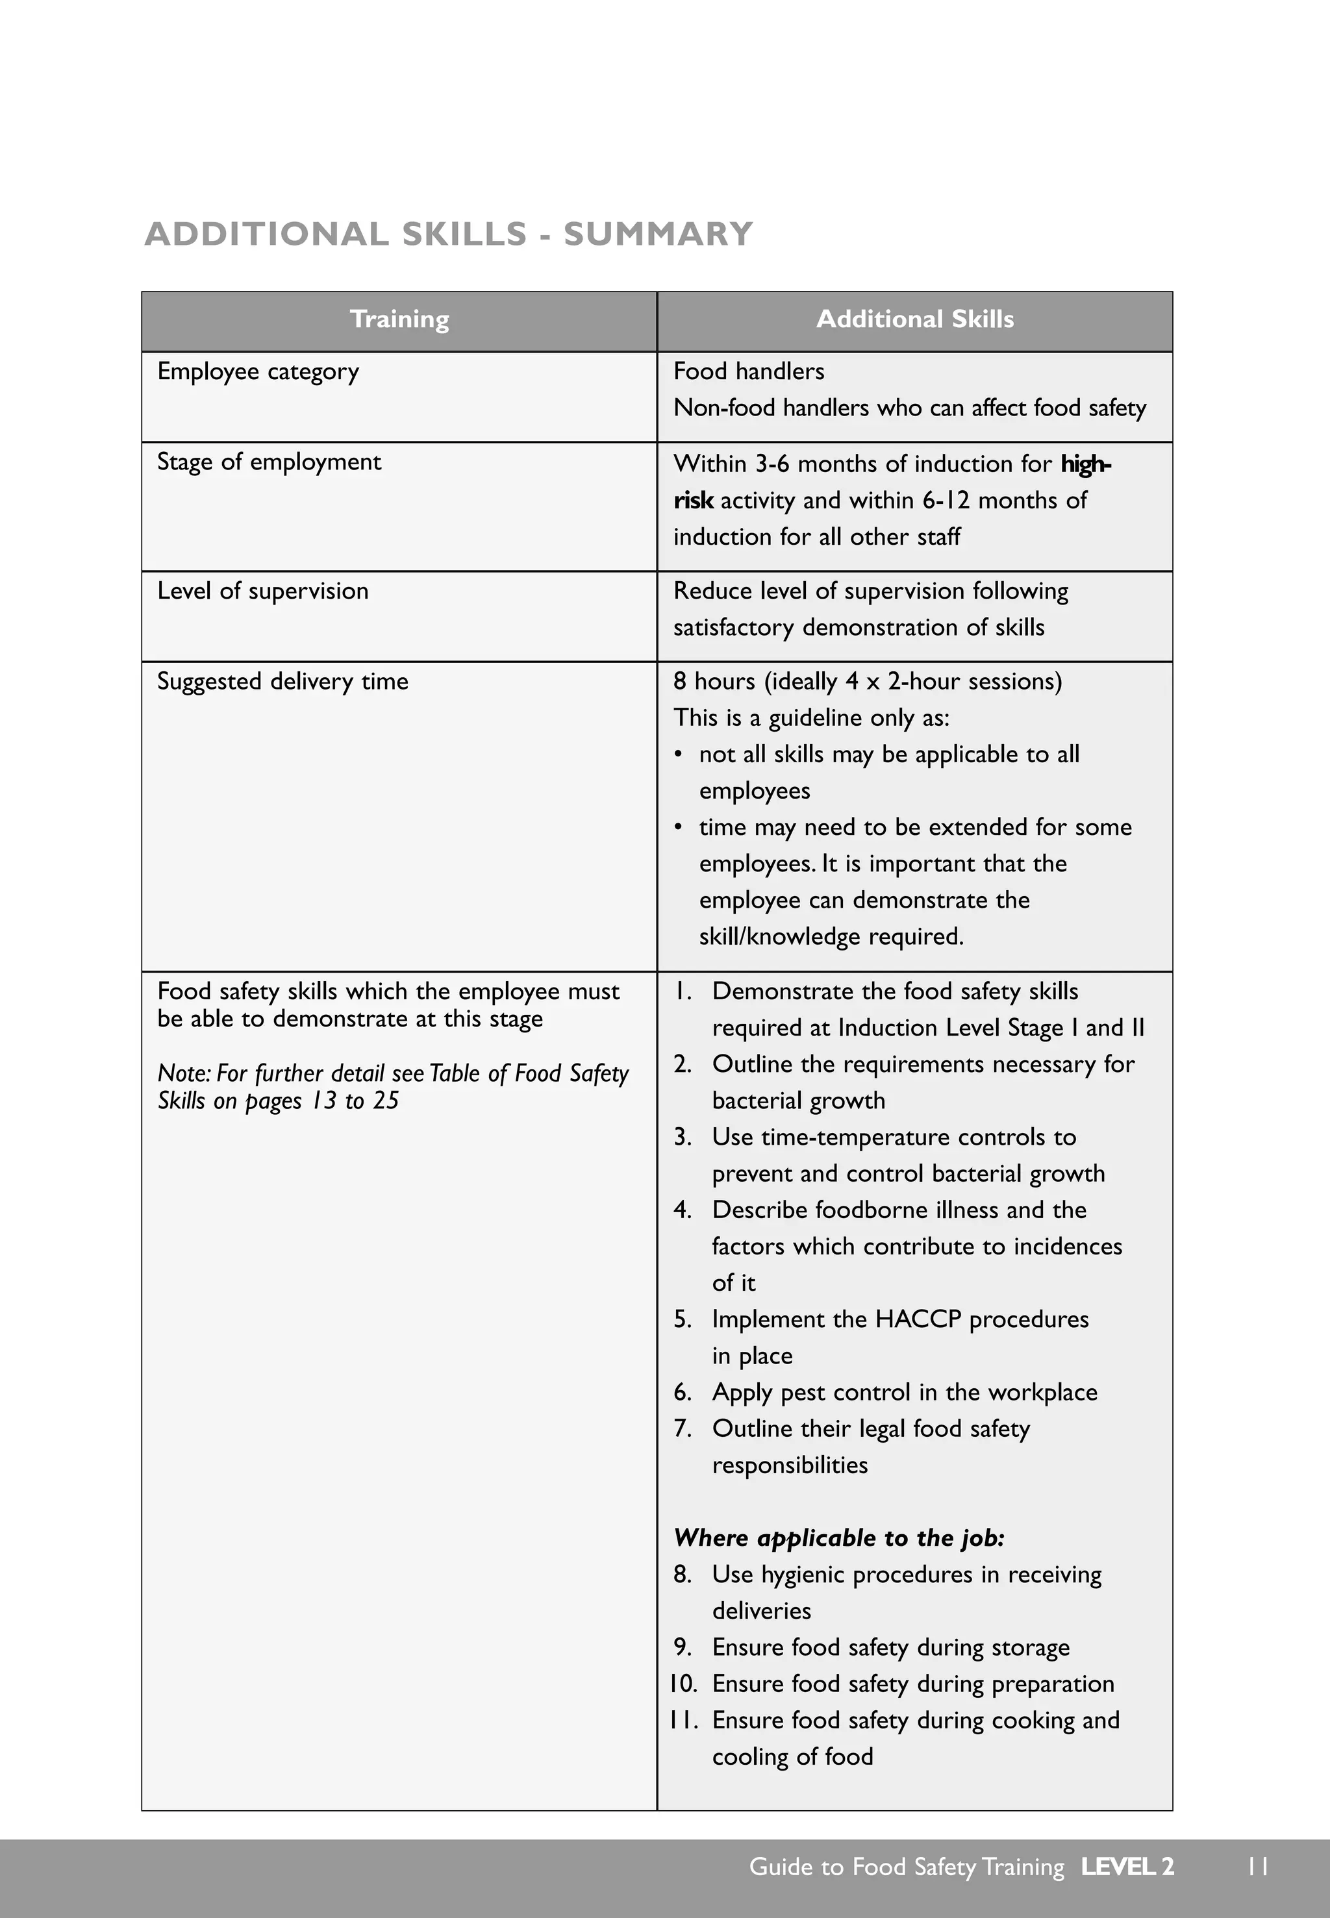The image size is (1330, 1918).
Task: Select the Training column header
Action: (399, 320)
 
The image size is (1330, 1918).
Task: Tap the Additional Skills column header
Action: (914, 320)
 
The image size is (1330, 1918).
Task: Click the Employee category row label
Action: (258, 371)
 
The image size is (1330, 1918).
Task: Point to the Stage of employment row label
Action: (268, 462)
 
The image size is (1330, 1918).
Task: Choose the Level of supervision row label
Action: (262, 591)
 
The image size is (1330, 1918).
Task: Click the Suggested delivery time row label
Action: (282, 682)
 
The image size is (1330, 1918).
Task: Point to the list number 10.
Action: (683, 1684)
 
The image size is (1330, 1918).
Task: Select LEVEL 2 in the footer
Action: (1127, 1867)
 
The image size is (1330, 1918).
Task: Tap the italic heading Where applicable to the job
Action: (838, 1538)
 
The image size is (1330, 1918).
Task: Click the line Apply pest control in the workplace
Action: (903, 1392)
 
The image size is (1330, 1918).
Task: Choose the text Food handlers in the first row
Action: (748, 371)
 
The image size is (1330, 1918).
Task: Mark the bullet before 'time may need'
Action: (679, 827)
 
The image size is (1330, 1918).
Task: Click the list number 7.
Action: (682, 1429)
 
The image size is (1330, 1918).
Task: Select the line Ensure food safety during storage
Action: (890, 1647)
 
